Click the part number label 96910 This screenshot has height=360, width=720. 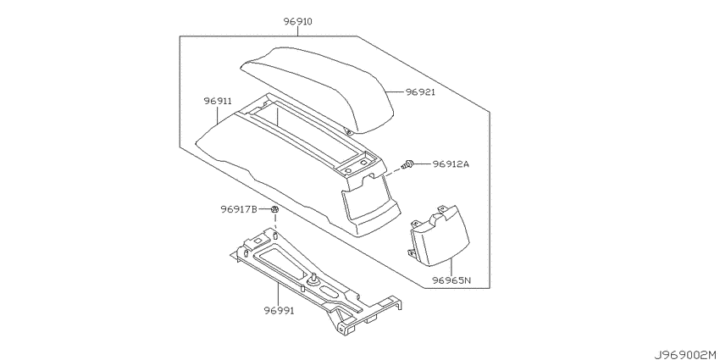[297, 21]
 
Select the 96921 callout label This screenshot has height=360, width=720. [420, 92]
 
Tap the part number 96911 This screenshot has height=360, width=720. [218, 101]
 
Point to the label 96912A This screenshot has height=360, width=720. [451, 163]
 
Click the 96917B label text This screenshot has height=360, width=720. [238, 209]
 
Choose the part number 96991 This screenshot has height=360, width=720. [279, 311]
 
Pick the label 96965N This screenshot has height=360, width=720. [450, 280]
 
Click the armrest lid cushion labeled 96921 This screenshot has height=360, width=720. [318, 87]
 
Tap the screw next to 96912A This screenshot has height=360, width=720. [407, 164]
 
